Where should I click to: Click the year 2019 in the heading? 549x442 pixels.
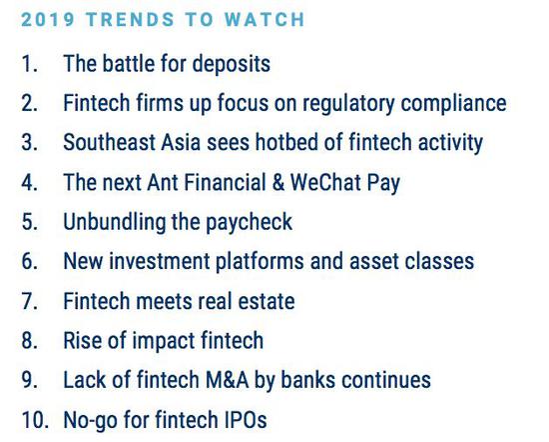coord(48,19)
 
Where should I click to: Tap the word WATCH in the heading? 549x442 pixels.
coord(265,19)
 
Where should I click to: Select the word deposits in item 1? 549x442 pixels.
coord(232,64)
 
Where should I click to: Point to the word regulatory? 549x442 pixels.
coord(348,104)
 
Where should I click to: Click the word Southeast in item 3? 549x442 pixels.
coord(109,142)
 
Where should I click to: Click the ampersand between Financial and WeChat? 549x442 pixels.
coord(278,182)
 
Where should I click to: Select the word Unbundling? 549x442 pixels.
coord(114,222)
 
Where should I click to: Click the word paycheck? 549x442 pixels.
coord(249,222)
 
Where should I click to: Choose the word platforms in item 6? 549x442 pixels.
coord(260,262)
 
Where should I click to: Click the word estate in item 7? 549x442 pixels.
coord(267,302)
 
